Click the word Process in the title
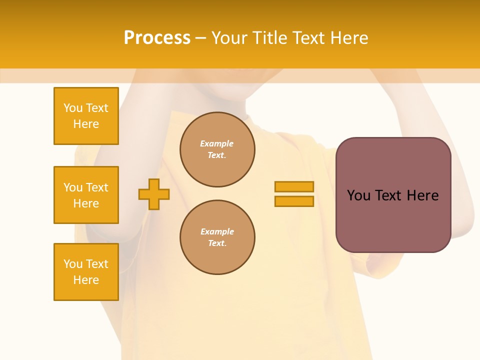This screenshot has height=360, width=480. (x=157, y=38)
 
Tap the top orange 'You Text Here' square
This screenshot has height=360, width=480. (x=86, y=116)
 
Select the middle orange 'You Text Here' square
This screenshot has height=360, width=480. (x=86, y=195)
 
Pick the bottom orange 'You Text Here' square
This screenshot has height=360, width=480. (x=86, y=272)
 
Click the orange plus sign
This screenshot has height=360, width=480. (x=154, y=194)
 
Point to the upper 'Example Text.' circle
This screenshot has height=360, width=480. (x=217, y=149)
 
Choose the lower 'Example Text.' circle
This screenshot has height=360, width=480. (x=217, y=237)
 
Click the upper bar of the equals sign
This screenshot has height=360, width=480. (x=294, y=186)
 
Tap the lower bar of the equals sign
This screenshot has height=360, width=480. (x=294, y=201)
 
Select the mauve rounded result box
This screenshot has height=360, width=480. (x=393, y=195)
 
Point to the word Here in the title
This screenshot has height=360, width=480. (x=348, y=38)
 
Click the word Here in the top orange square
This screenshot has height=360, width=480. (x=86, y=124)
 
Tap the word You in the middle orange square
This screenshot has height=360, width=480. (x=72, y=187)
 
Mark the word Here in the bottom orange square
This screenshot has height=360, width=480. (x=86, y=280)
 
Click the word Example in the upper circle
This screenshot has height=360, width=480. (x=217, y=143)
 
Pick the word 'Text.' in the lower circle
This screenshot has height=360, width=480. (x=217, y=243)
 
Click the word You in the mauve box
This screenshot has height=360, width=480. (x=358, y=195)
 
